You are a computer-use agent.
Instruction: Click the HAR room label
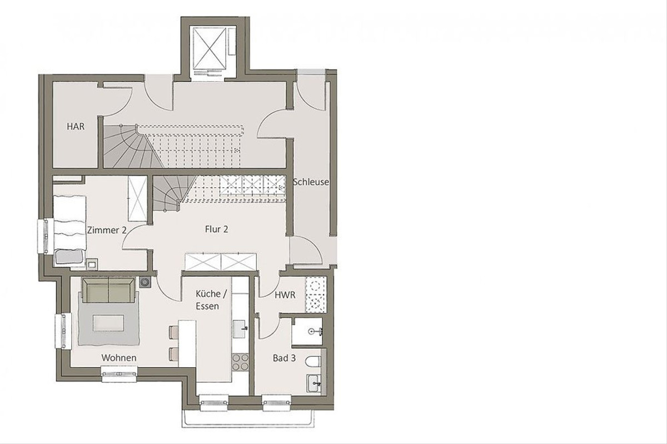(76, 127)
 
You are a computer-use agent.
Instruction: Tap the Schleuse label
(311, 182)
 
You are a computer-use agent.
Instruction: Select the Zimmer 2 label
(107, 230)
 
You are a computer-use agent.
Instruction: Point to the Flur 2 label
(216, 230)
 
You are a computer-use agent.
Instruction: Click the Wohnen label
(119, 358)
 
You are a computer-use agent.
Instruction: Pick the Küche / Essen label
(211, 300)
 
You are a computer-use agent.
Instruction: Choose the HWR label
(285, 295)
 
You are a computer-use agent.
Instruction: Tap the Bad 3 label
(285, 358)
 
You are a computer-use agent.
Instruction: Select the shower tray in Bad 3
(307, 332)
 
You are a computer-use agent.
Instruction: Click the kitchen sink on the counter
(240, 329)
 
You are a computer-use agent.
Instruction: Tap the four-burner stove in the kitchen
(240, 362)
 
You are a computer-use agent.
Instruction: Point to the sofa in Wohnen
(108, 290)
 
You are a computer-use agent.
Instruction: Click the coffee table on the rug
(108, 323)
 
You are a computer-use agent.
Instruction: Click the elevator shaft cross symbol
(208, 48)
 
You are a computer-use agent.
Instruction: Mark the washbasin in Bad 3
(314, 383)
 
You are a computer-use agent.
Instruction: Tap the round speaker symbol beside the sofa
(145, 282)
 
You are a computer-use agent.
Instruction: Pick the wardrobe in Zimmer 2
(138, 198)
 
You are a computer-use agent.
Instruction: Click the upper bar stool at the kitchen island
(173, 332)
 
